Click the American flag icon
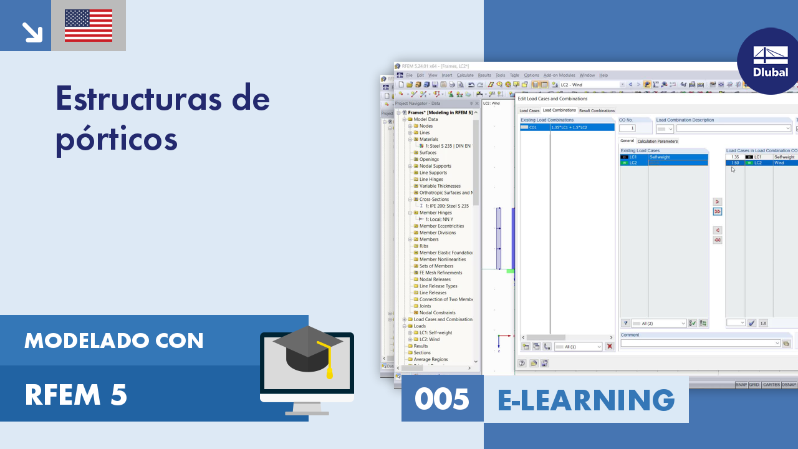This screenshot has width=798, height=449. point(89,26)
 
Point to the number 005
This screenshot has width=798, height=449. point(442,399)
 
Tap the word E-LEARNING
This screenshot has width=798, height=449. point(586,399)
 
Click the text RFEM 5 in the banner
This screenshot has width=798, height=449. point(76,395)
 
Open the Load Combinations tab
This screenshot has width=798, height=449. point(559,110)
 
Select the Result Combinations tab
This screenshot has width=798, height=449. point(597,110)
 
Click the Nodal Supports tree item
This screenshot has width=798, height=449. point(435,166)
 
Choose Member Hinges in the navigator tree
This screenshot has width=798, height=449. point(435,213)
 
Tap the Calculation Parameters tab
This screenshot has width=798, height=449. point(657,141)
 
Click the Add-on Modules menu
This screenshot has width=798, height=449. point(559,75)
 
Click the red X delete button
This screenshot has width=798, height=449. point(609,347)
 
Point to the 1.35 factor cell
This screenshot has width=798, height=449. point(735,157)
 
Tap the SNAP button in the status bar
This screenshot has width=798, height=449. point(741,385)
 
